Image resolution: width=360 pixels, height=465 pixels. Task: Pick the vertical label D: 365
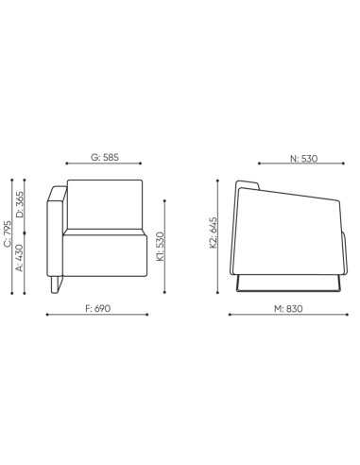pos(21,207)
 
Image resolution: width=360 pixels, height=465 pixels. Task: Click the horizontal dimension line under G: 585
pos(104,166)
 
